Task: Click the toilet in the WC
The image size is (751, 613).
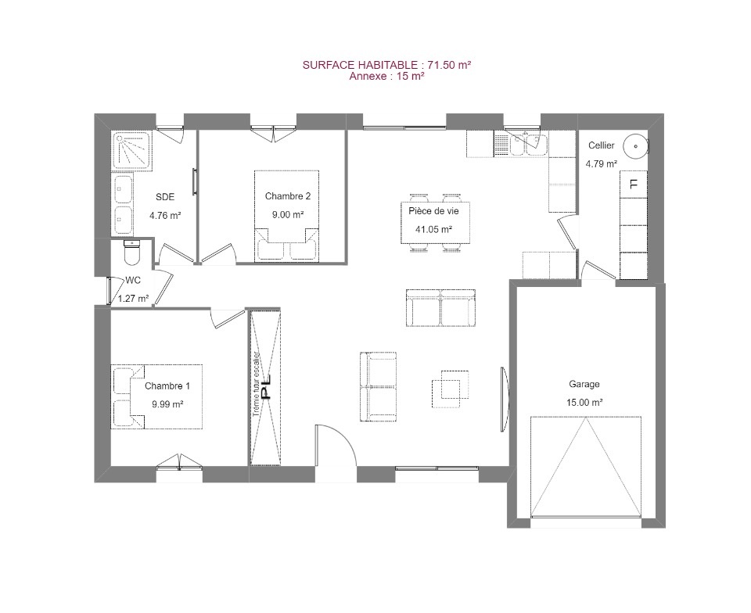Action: pyautogui.click(x=131, y=253)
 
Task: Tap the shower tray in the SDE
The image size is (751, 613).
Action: pyautogui.click(x=132, y=150)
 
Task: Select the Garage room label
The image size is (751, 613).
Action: pyautogui.click(x=584, y=384)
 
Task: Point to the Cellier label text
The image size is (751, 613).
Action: pyautogui.click(x=601, y=145)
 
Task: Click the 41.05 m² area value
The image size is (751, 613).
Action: pyautogui.click(x=433, y=229)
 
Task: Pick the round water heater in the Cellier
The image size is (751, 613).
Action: pyautogui.click(x=635, y=146)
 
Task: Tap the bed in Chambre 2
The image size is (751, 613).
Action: pyautogui.click(x=286, y=216)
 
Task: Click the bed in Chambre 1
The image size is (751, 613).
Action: pyautogui.click(x=156, y=396)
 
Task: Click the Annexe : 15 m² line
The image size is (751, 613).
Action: pyautogui.click(x=386, y=76)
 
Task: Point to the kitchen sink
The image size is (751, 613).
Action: pyautogui.click(x=527, y=145)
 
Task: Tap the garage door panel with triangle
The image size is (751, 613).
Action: pyautogui.click(x=585, y=467)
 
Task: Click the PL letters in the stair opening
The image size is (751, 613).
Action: pyautogui.click(x=265, y=387)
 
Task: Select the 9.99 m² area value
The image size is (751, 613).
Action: pyautogui.click(x=167, y=404)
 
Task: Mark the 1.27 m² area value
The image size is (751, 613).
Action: pyautogui.click(x=133, y=299)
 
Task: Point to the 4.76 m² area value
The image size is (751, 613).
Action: pyautogui.click(x=165, y=215)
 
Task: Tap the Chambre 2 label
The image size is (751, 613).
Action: pyautogui.click(x=288, y=196)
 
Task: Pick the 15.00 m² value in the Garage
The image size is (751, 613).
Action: pyautogui.click(x=584, y=403)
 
